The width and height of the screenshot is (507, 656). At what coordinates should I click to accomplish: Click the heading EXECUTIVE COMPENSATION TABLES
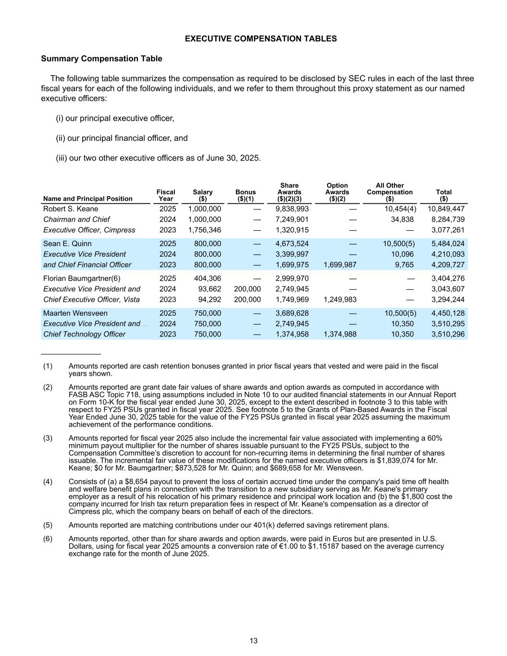[x=260, y=39]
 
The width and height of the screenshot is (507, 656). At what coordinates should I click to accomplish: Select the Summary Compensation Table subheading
[x=101, y=59]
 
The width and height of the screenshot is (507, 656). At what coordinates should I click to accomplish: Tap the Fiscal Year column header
[x=166, y=195]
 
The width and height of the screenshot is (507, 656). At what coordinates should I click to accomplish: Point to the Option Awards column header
[x=337, y=192]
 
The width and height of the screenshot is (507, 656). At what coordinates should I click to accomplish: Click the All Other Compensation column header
[x=389, y=192]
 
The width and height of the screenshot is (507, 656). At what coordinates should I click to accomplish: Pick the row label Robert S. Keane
[x=71, y=209]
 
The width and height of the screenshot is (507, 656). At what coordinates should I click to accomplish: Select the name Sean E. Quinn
[x=67, y=244]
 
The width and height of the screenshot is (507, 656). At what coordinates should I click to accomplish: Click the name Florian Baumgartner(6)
[x=82, y=278]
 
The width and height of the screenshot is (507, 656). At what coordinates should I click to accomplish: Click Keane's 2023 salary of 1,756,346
[x=205, y=230]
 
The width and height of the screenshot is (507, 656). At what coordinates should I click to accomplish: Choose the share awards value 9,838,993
[x=292, y=209]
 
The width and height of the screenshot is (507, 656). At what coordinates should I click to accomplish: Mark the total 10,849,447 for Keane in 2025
[x=446, y=209]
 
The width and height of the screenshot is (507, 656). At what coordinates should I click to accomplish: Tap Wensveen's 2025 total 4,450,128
[x=448, y=313]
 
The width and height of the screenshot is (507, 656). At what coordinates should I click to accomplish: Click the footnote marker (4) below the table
[x=48, y=482]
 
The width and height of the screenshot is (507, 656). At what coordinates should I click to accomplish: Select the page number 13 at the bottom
[x=254, y=641]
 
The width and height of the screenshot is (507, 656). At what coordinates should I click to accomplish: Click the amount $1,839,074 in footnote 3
[x=407, y=460]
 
